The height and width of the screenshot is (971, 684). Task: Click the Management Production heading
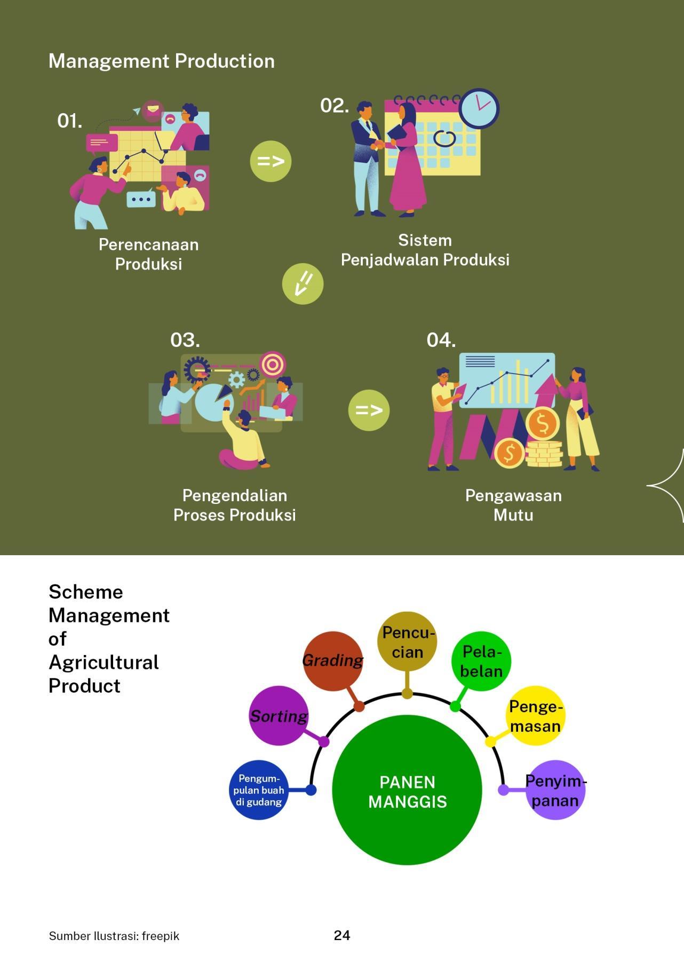click(x=161, y=61)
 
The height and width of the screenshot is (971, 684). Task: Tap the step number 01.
click(x=69, y=121)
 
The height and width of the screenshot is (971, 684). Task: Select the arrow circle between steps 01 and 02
click(x=271, y=161)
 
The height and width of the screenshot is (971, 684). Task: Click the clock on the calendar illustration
click(x=479, y=108)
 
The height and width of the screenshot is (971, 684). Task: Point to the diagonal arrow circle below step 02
click(x=303, y=283)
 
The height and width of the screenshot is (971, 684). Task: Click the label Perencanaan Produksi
click(x=148, y=254)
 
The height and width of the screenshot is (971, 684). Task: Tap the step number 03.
click(x=185, y=340)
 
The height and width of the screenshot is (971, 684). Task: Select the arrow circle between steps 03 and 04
click(x=369, y=410)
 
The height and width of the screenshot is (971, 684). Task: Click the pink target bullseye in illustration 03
click(x=273, y=365)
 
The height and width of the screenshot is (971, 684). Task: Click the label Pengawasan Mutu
click(x=513, y=505)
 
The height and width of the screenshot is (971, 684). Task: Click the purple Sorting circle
click(x=279, y=716)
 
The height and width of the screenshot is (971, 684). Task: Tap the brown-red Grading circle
click(x=332, y=660)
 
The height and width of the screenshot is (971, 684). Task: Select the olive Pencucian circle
click(x=407, y=642)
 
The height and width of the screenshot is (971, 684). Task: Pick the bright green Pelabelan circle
click(x=481, y=661)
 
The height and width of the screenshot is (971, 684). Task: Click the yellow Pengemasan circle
click(x=535, y=716)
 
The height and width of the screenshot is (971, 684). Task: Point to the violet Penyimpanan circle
click(x=555, y=790)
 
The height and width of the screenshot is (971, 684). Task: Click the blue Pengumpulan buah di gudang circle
click(x=259, y=790)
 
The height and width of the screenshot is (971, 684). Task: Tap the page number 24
click(x=342, y=935)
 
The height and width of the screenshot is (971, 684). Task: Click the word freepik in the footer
click(x=161, y=936)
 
